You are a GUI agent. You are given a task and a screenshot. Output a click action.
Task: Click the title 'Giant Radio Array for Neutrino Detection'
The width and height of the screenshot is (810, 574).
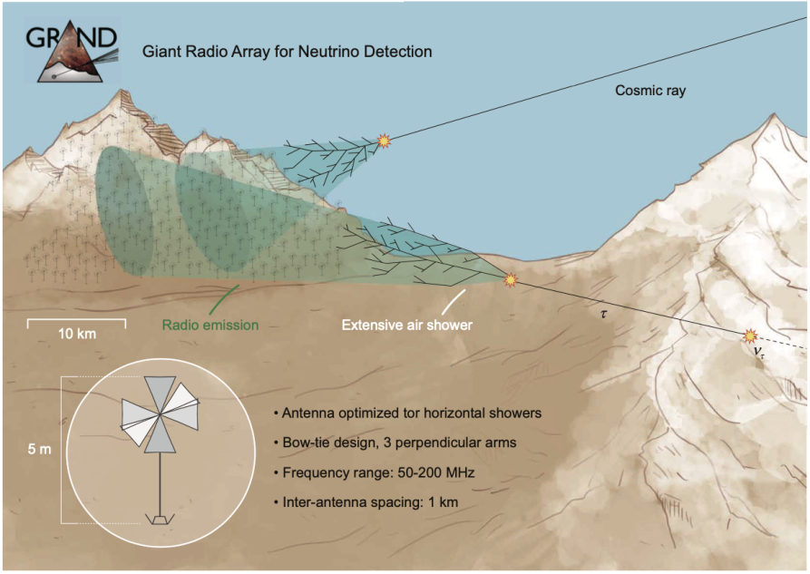point(287,52)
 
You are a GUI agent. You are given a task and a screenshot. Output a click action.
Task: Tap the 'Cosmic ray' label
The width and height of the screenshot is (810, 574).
point(650,90)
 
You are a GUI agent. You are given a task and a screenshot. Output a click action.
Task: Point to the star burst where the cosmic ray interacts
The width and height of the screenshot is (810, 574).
point(385,141)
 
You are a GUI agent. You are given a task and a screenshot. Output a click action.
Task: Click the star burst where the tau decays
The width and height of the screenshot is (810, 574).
point(511,280)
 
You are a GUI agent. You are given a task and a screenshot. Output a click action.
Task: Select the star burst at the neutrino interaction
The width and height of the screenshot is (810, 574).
point(750,337)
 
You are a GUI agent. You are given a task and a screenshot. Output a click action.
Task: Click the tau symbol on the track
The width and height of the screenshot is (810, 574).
point(605,314)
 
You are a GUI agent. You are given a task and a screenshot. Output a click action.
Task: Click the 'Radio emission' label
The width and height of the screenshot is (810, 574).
point(210,325)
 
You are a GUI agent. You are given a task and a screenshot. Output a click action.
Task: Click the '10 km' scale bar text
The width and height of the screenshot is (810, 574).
point(77,334)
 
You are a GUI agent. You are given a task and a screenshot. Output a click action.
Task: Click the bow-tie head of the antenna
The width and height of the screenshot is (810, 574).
point(161,415)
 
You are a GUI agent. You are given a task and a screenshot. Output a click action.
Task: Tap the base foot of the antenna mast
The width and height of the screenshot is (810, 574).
point(161,520)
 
